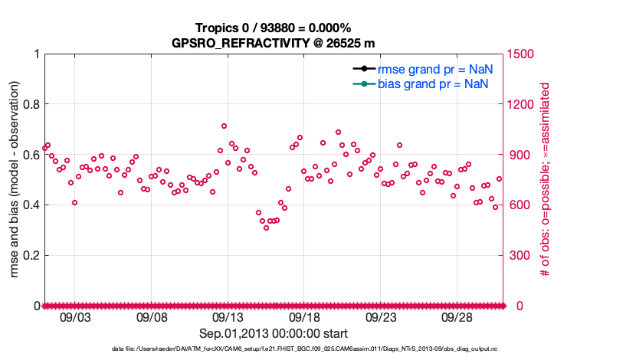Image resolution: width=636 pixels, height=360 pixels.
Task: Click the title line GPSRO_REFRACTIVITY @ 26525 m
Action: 273,43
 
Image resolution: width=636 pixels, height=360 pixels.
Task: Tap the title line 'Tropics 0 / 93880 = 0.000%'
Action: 273,28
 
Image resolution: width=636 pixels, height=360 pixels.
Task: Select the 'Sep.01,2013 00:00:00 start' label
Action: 274,333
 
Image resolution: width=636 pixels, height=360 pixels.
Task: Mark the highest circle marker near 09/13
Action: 224,126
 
